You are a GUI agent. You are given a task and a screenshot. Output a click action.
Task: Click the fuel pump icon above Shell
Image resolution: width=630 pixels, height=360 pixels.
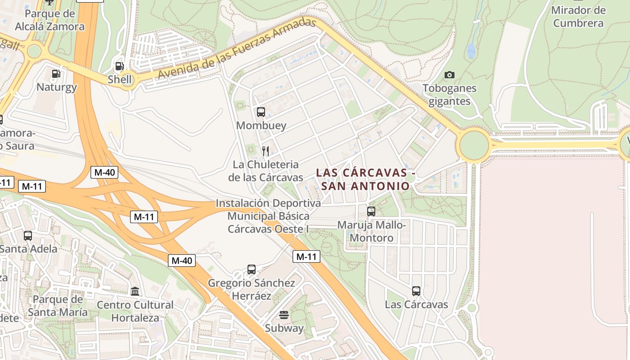[119, 66]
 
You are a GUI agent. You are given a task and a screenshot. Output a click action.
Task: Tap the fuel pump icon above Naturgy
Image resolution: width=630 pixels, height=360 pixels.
[56, 73]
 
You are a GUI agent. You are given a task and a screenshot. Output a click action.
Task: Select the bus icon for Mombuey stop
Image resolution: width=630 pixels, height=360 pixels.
[261, 112]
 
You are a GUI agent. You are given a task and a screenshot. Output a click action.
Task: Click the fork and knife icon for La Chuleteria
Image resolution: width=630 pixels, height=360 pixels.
[265, 151]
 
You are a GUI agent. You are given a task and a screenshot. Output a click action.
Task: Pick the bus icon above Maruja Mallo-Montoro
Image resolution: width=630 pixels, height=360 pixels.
[371, 211]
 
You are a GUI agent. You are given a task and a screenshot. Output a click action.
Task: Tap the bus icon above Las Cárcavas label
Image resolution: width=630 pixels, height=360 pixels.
[416, 291]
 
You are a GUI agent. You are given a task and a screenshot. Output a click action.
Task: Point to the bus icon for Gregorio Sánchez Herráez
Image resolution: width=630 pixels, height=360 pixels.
[252, 270]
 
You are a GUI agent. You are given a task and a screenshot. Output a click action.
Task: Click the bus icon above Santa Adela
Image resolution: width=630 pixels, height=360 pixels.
[28, 235]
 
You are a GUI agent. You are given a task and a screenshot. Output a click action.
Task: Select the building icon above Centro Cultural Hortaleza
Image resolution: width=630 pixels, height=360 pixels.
[135, 291]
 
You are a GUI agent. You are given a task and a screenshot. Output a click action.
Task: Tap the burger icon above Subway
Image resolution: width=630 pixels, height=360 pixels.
[283, 315]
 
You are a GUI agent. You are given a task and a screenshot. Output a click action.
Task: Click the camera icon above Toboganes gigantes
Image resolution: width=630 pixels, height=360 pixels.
[449, 75]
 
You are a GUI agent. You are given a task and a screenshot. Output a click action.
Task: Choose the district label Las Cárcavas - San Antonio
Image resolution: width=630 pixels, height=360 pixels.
[363, 179]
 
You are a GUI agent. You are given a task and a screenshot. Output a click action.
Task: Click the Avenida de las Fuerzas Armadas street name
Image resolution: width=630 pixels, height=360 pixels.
[234, 53]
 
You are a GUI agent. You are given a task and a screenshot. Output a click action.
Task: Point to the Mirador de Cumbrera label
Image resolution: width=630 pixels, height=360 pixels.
[578, 17]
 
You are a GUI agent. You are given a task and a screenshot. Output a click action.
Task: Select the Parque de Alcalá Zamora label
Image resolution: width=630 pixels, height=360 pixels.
[49, 20]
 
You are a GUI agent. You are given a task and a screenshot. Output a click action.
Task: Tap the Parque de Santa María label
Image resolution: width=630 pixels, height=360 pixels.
[58, 306]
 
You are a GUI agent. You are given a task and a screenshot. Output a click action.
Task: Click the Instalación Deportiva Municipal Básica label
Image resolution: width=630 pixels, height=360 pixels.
[269, 216]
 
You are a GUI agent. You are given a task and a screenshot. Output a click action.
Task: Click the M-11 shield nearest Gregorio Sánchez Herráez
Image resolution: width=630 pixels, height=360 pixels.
[306, 257]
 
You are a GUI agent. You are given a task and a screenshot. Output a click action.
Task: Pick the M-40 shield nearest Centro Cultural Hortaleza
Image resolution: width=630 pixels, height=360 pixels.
[182, 260]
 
